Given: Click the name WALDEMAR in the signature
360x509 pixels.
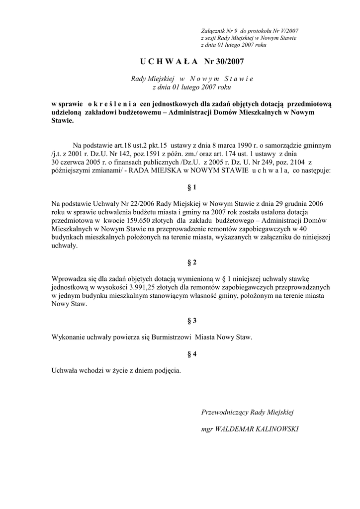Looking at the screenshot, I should (230, 428).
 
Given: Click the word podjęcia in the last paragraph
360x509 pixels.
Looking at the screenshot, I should (168, 370).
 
